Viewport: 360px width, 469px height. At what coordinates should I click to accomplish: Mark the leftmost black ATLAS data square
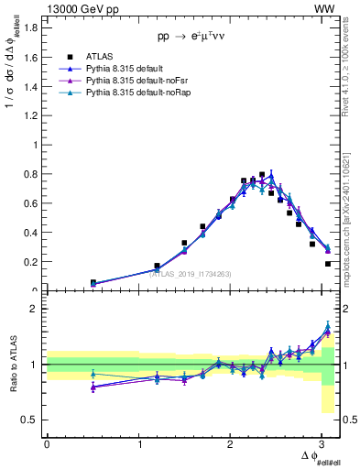[x=93, y=283]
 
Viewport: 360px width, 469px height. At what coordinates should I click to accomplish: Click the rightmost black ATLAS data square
[x=328, y=264]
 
